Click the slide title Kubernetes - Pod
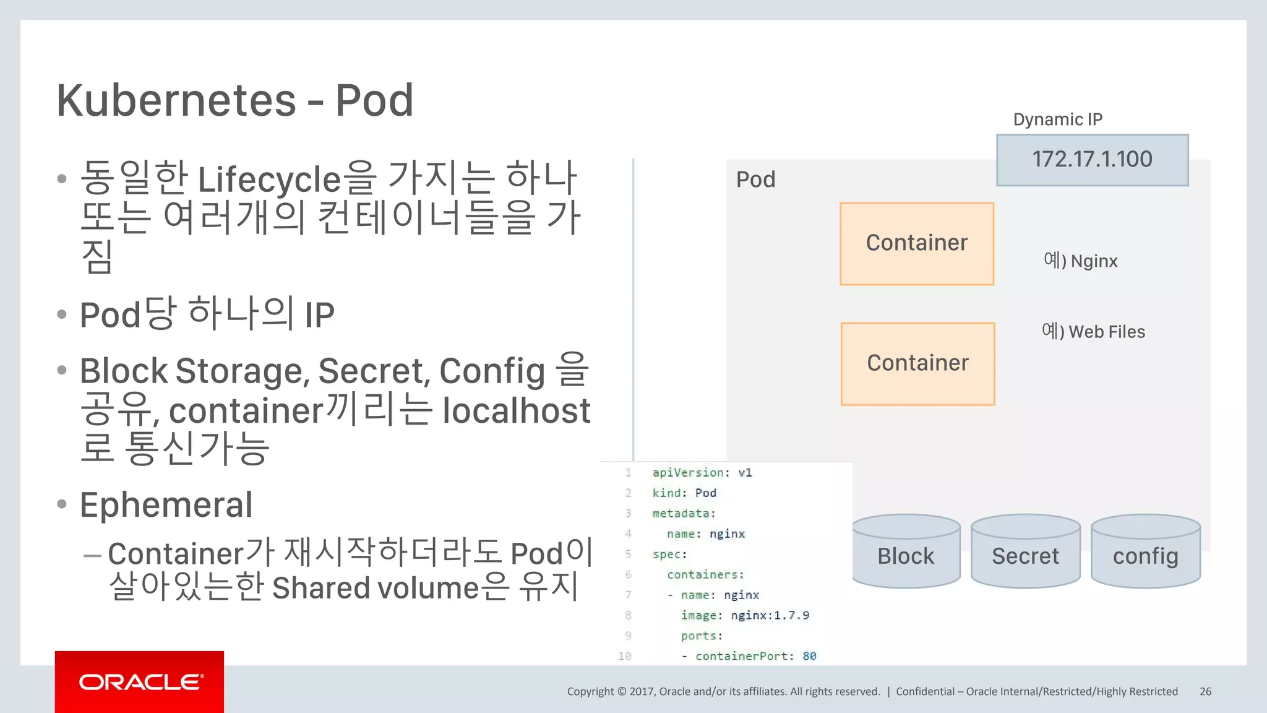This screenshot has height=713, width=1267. pyautogui.click(x=234, y=100)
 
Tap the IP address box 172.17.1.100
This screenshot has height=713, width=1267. pyautogui.click(x=1092, y=160)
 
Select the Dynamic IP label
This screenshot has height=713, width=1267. pyautogui.click(x=1057, y=119)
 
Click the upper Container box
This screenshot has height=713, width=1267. pyautogui.click(x=917, y=243)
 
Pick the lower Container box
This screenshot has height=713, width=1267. pyautogui.click(x=917, y=363)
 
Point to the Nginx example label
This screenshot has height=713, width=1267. pyautogui.click(x=1080, y=261)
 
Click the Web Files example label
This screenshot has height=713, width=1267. pyautogui.click(x=1093, y=332)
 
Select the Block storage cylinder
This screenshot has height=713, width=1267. pyautogui.click(x=906, y=553)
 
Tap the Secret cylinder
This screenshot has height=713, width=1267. pyautogui.click(x=1025, y=553)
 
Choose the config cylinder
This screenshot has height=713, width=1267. pyautogui.click(x=1145, y=553)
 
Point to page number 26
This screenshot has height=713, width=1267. pyautogui.click(x=1205, y=691)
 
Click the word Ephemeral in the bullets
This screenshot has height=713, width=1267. pyautogui.click(x=166, y=505)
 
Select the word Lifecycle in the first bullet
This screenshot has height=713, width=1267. pyautogui.click(x=269, y=179)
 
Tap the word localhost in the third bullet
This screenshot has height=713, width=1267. pyautogui.click(x=517, y=411)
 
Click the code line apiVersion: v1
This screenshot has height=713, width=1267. pyautogui.click(x=702, y=473)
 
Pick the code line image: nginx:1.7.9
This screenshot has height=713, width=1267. pyautogui.click(x=745, y=615)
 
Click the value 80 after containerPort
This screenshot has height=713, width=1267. pyautogui.click(x=809, y=656)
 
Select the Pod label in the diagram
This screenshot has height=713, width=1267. pyautogui.click(x=755, y=179)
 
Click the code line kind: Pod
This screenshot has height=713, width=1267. pyautogui.click(x=684, y=493)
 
